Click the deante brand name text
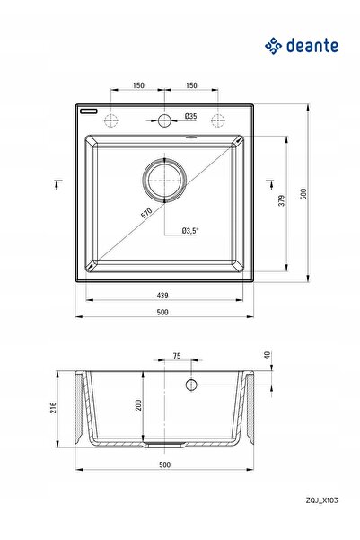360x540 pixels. click(312, 46)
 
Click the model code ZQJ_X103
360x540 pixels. click(321, 500)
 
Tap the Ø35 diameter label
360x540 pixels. click(190, 116)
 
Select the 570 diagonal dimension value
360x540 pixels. click(146, 213)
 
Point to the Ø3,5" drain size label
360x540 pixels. click(190, 230)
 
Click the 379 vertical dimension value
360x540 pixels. click(282, 200)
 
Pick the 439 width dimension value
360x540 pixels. click(162, 295)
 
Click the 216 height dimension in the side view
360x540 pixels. click(53, 408)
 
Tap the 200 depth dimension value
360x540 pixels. click(138, 405)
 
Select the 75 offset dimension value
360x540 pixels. click(177, 356)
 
